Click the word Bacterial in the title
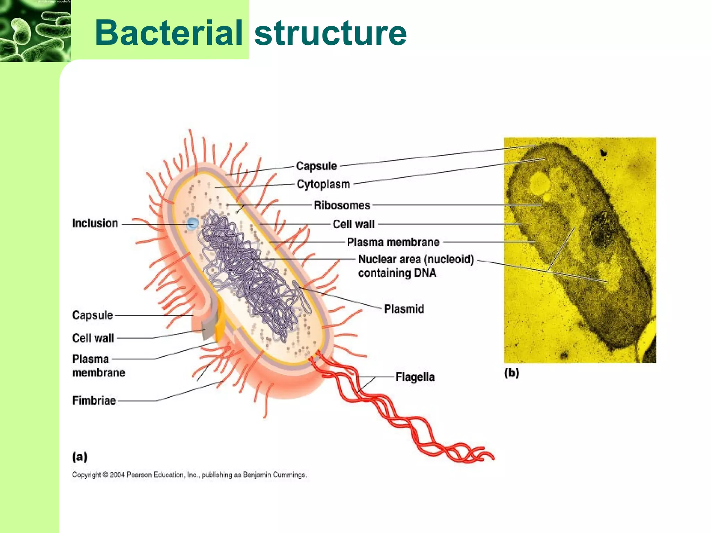[169, 33]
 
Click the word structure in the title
[330, 33]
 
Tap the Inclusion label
[95, 223]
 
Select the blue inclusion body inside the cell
[192, 223]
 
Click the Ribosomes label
[342, 205]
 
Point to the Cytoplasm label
[323, 184]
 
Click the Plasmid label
[404, 309]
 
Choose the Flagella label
[415, 377]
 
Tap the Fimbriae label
[94, 400]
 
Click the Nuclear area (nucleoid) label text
[416, 259]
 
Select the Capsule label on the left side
[93, 315]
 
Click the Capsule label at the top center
[316, 166]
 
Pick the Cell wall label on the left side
[93, 338]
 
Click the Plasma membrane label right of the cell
[393, 242]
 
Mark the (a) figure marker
[80, 456]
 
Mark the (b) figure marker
[511, 373]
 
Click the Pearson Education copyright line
[189, 475]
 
